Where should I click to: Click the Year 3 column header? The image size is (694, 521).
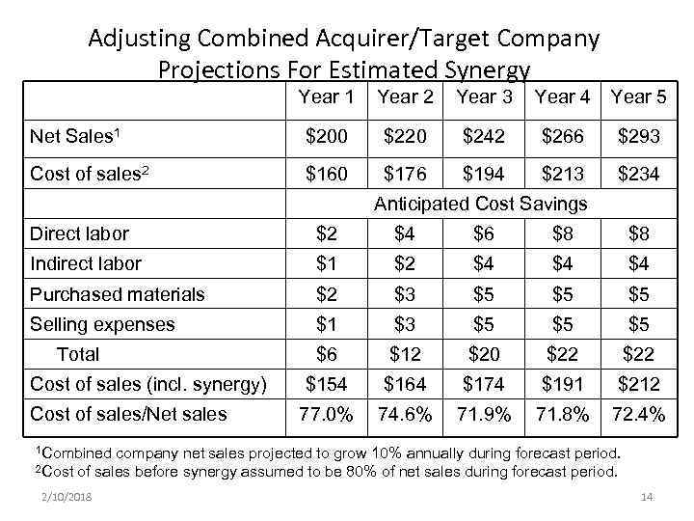coord(484,96)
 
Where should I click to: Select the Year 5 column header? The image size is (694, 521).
coord(639,96)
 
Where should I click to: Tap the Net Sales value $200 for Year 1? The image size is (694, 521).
coord(327,137)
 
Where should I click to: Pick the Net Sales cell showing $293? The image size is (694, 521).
coord(639,137)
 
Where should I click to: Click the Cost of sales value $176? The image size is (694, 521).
coord(405,175)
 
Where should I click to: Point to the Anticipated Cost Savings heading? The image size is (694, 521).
coord(480,204)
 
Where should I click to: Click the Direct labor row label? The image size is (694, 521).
coord(79,233)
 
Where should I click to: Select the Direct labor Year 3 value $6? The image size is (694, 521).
coord(483,233)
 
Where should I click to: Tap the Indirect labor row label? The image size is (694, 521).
coord(86,263)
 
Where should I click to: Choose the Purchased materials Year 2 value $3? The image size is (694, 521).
coord(405,294)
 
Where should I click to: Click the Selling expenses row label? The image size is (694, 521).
coord(102,324)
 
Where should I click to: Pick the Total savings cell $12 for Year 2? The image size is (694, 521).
coord(405,354)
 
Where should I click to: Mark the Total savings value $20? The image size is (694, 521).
coord(483,354)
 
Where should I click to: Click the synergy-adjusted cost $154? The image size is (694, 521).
coord(327,384)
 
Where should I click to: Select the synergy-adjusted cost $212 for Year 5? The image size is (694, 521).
coord(639,384)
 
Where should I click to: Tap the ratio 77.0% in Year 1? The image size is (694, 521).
coord(327,414)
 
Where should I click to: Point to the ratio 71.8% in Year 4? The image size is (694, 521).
coord(561,414)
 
